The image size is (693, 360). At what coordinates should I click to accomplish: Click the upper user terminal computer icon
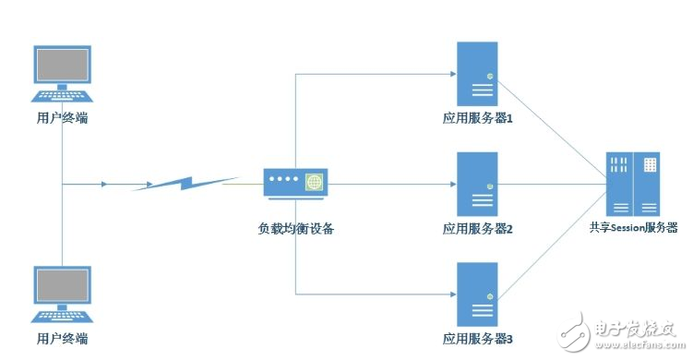pos(62,75)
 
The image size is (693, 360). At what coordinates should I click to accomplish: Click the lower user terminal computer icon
pos(62,295)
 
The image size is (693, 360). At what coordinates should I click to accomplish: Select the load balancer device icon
pos(294,183)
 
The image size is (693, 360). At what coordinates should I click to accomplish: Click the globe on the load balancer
pos(315,183)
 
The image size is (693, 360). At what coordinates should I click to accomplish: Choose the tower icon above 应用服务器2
pos(477,184)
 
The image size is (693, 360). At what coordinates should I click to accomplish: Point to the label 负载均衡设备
pos(294,228)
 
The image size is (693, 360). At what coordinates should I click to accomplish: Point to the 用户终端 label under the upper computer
pos(62,118)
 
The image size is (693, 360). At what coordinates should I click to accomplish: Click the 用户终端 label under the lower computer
pos(62,339)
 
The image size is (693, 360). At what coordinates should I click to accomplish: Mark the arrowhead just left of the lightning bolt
pos(104,184)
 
